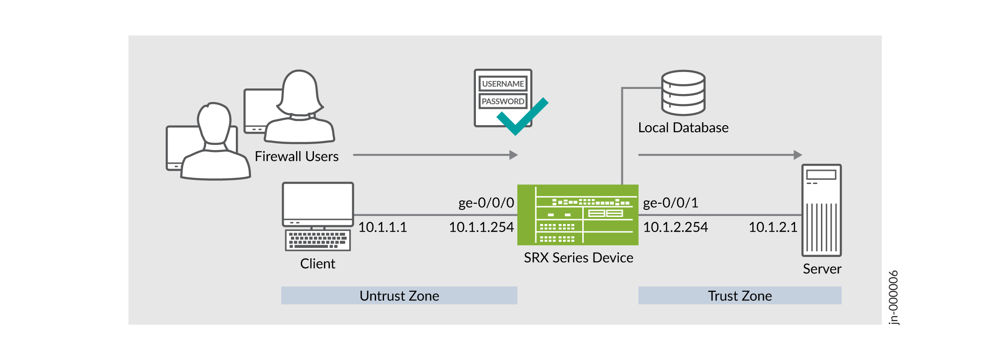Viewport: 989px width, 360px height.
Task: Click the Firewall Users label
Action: tap(297, 156)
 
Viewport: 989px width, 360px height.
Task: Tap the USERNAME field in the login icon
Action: tap(503, 84)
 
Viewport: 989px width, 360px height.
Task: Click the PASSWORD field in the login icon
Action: tap(503, 101)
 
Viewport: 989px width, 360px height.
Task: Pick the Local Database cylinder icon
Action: tap(683, 93)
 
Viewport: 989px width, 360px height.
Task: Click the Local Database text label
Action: tap(683, 128)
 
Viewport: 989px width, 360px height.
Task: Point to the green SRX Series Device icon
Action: tap(578, 215)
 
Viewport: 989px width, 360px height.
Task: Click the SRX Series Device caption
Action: tap(578, 258)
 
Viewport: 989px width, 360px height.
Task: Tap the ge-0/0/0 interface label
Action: tap(486, 203)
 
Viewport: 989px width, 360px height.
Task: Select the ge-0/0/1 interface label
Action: tap(670, 203)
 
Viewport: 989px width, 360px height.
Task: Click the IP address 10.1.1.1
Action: tap(382, 227)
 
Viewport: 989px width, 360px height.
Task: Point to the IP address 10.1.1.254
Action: tap(481, 227)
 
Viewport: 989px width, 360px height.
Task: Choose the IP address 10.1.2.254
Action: tap(675, 227)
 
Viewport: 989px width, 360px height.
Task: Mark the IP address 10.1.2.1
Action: tap(772, 227)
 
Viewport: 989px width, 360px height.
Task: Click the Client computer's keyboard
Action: tap(318, 240)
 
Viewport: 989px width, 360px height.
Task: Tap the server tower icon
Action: tap(821, 210)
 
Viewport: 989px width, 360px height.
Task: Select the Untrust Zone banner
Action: tap(399, 296)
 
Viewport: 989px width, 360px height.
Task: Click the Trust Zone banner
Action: tap(740, 296)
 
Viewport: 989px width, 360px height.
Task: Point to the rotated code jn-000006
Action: tap(893, 297)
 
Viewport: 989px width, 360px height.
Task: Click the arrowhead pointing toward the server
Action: tap(797, 155)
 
